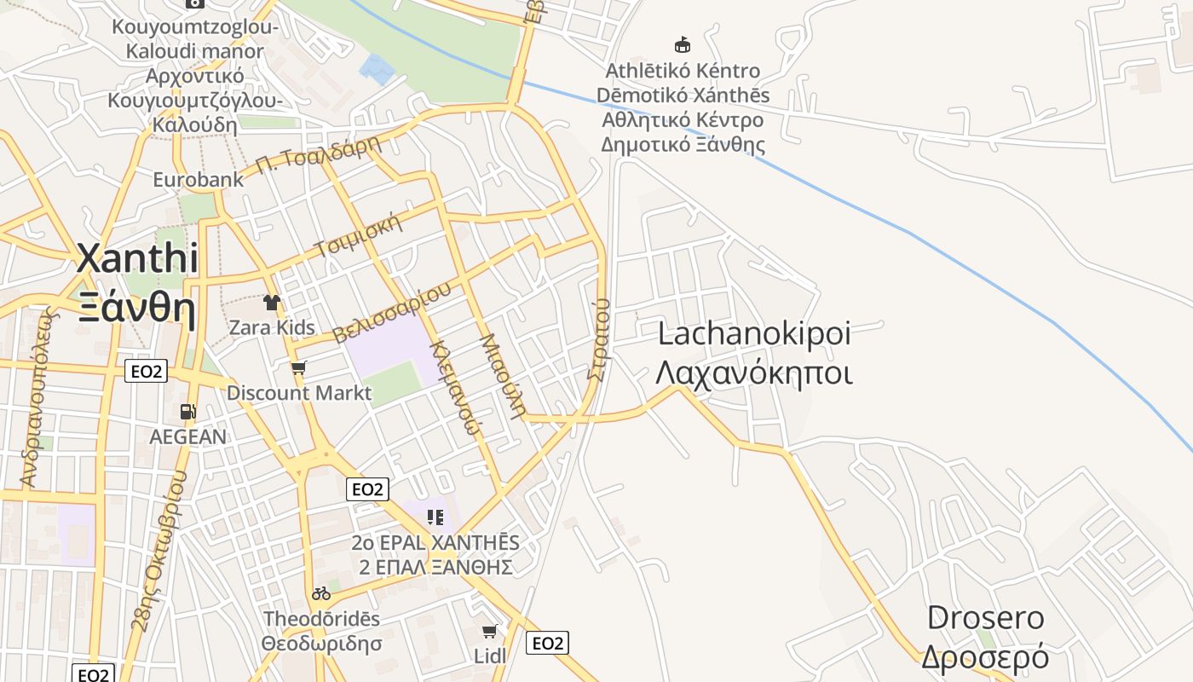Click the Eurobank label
198,180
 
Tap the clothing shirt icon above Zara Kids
272,302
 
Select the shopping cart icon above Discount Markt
298,367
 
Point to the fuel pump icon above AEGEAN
187,412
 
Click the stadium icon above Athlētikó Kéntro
682,45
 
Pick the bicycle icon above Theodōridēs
321,593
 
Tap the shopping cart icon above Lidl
489,632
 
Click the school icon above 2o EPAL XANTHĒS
435,517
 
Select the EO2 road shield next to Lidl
547,643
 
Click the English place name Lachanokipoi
754,333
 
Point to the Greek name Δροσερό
984,657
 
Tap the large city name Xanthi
137,258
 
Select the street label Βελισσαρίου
392,312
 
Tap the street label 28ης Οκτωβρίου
158,563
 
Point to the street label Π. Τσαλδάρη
318,155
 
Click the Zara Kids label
272,327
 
